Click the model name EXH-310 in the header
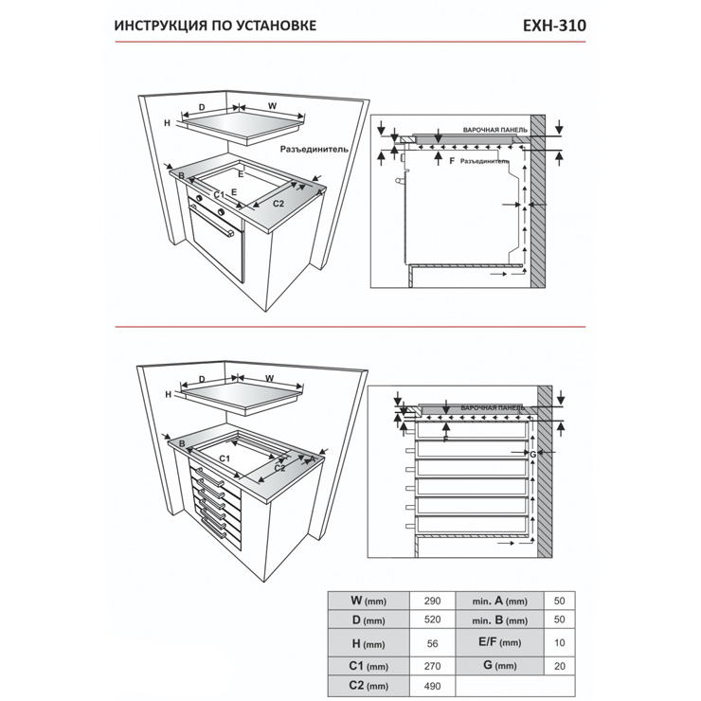click(x=554, y=25)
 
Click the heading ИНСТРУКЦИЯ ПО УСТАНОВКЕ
click(x=215, y=26)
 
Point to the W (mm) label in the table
click(x=368, y=601)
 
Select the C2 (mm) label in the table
click(x=368, y=686)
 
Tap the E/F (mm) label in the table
click(x=499, y=642)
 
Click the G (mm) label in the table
click(x=499, y=665)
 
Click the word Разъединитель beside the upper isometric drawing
click(x=315, y=149)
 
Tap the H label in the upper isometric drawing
click(x=166, y=123)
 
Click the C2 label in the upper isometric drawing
click(x=279, y=203)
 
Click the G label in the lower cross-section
click(x=533, y=455)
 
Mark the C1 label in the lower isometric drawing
click(x=225, y=458)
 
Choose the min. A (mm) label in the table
click(x=499, y=601)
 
